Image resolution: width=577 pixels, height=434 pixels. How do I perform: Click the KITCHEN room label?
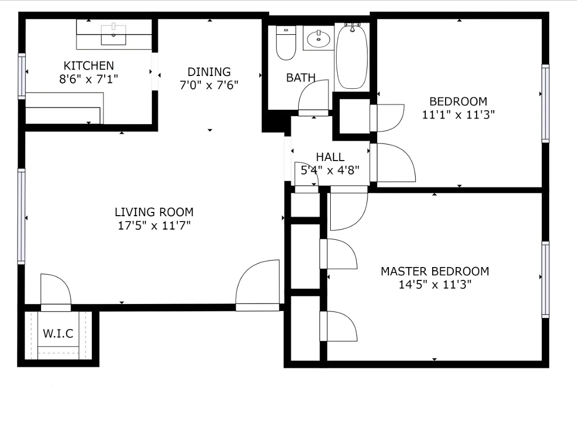click(89, 66)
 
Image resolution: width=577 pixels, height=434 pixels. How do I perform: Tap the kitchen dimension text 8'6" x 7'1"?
click(89, 79)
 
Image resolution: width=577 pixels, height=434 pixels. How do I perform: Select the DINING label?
click(209, 72)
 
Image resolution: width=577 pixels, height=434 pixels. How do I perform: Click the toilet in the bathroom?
click(286, 43)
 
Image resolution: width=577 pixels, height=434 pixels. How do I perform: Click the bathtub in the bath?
click(352, 56)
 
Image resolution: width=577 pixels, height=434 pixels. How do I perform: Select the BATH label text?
click(301, 78)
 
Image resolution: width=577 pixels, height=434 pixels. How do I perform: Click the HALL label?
click(330, 157)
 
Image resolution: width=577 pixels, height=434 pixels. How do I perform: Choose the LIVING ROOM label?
click(154, 212)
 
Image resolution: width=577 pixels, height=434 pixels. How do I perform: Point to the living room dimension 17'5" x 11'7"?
click(154, 225)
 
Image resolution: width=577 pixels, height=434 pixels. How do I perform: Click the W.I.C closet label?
click(58, 334)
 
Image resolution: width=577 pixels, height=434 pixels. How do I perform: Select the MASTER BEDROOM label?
click(434, 271)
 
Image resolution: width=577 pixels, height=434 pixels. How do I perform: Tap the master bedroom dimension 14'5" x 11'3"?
click(434, 285)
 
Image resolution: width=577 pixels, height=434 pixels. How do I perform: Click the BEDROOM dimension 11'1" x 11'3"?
click(458, 115)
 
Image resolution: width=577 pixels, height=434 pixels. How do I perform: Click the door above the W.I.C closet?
click(56, 292)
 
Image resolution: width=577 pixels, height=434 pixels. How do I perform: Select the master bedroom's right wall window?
click(545, 279)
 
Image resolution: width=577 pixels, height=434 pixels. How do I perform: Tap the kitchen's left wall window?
click(22, 75)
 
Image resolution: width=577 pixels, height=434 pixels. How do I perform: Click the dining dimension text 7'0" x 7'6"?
click(209, 85)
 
